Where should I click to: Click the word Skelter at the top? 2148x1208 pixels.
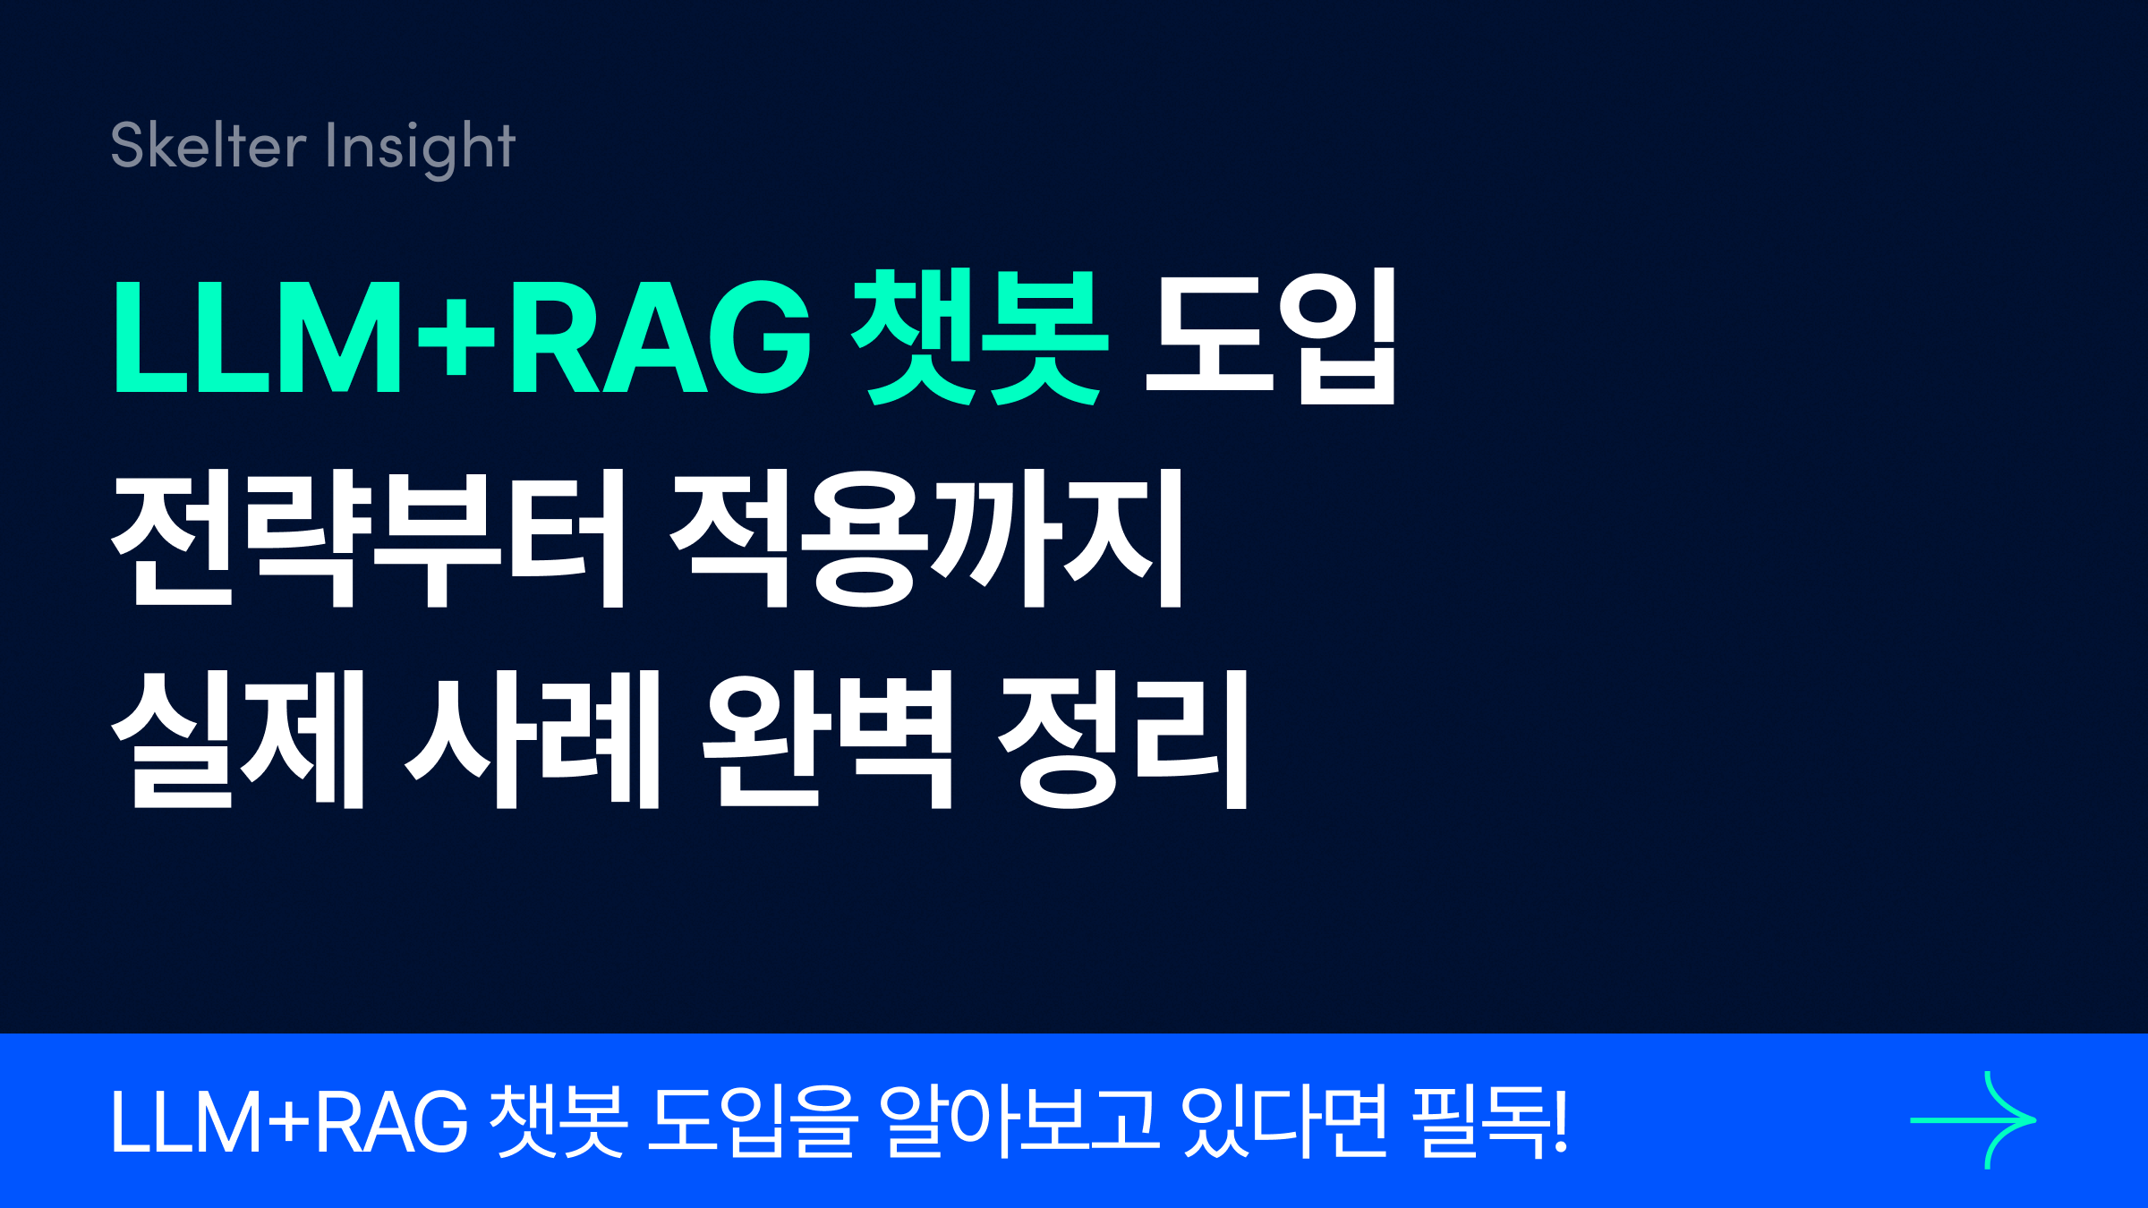click(x=208, y=145)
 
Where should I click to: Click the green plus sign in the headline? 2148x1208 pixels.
click(x=456, y=337)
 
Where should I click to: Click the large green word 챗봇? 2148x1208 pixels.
click(x=980, y=337)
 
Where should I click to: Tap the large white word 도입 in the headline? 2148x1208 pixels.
click(x=1271, y=337)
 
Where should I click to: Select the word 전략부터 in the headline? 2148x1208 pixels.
click(x=368, y=538)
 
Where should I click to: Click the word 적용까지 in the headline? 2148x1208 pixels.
click(x=927, y=538)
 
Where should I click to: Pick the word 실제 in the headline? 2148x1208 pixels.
click(x=238, y=739)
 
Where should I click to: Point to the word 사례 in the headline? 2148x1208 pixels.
click(x=533, y=739)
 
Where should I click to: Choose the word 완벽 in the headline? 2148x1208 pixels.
click(x=827, y=739)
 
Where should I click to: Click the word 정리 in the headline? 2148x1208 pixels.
click(x=1122, y=739)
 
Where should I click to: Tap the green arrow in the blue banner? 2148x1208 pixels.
click(x=1973, y=1120)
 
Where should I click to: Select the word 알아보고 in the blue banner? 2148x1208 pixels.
click(x=1019, y=1120)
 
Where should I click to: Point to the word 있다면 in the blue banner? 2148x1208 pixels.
click(x=1284, y=1120)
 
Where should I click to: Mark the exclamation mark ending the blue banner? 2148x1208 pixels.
click(x=1561, y=1120)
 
